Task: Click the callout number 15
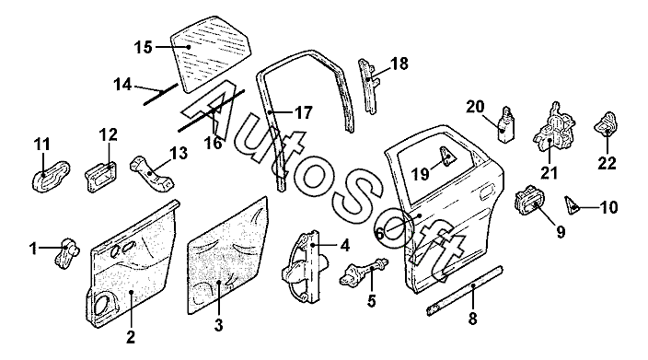pos(143,47)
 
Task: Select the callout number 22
pos(607,163)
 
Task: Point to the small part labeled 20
pos(506,124)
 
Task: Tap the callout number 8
pos(472,319)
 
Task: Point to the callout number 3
pos(219,325)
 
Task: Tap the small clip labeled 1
pos(66,253)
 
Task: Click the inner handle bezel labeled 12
pos(101,177)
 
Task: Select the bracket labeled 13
pos(152,174)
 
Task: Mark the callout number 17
pos(304,112)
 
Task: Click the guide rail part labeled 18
pos(369,86)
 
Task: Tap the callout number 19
pos(421,174)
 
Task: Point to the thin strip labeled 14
pos(161,94)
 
